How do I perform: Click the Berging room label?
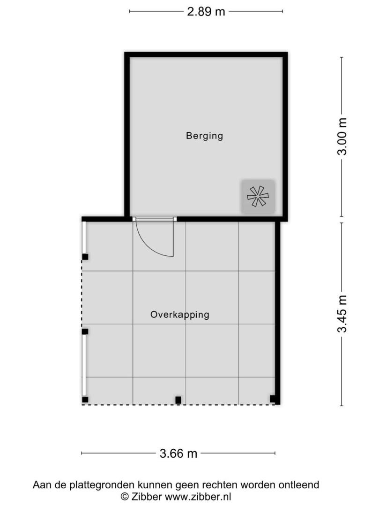pos(205,136)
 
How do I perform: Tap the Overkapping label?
pos(180,315)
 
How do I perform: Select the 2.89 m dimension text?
pos(206,12)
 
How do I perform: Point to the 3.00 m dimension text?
pos(342,137)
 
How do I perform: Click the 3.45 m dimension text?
pos(342,314)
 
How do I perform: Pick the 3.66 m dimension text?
pos(178,453)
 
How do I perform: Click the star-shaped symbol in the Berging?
pos(258,196)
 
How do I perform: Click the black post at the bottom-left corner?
pos(85,399)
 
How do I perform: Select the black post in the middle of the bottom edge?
pos(178,400)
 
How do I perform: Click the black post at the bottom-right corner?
pos(273,399)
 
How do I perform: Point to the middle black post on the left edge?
pos(85,331)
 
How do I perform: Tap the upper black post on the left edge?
pos(85,257)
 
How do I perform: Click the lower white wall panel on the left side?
pos(84,365)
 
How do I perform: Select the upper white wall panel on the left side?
pos(84,238)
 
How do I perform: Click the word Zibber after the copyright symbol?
pos(147,497)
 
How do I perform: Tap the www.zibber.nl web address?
pos(198,497)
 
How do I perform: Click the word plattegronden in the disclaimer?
pos(103,485)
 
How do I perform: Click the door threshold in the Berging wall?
pos(155,219)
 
